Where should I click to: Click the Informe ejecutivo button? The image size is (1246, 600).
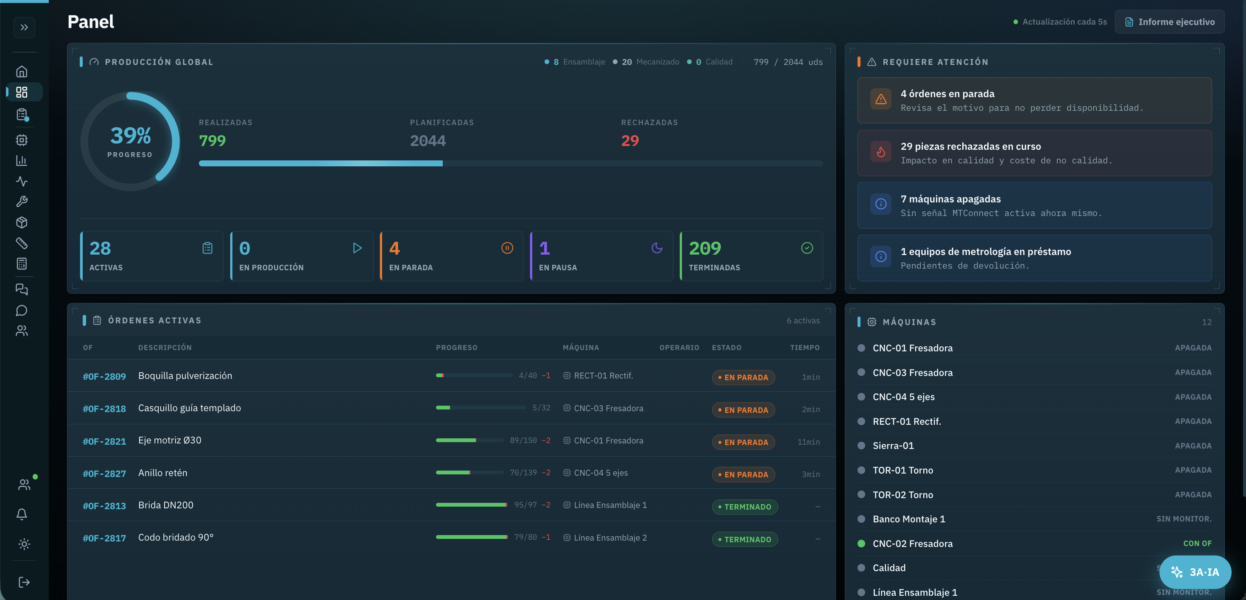[x=1169, y=22]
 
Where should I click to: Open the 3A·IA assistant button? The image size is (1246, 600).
[x=1195, y=572]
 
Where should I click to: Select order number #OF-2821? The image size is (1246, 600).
[x=104, y=441]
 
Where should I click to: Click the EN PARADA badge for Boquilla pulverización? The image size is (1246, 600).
[x=743, y=377]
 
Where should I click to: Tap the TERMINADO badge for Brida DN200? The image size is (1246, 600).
[x=744, y=507]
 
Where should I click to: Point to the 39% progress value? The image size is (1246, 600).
[x=131, y=135]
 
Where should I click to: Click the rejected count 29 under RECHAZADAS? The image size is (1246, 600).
[x=630, y=141]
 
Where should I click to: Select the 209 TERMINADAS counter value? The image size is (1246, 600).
[x=705, y=248]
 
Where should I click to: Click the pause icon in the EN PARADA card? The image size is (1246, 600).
[x=507, y=248]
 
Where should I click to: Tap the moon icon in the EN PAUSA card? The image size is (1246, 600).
[x=657, y=248]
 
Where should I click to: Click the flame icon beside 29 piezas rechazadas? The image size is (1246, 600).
[x=881, y=152]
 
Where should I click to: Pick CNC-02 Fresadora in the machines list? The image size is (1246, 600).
[x=912, y=544]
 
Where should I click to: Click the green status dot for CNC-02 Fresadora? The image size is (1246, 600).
[x=861, y=544]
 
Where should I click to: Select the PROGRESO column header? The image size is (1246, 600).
[x=456, y=348]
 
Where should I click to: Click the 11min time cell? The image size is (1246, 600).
[x=808, y=442]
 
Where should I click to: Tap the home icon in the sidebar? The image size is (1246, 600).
[x=22, y=72]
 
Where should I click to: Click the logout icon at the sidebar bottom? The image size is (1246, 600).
[x=24, y=582]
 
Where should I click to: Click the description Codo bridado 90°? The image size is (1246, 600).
[x=176, y=538]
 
